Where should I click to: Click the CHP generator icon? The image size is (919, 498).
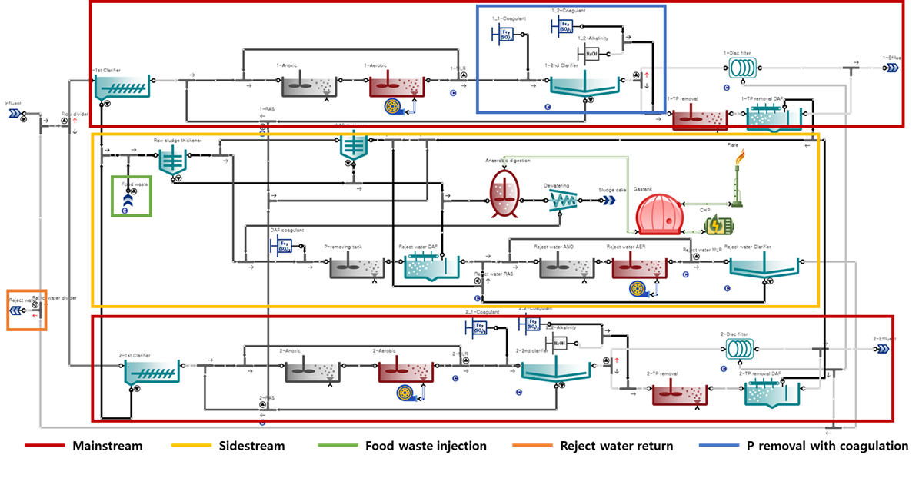click(720, 224)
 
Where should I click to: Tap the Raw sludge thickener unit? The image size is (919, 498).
click(172, 160)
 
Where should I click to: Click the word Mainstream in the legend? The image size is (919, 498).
click(107, 446)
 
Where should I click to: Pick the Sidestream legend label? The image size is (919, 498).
click(251, 446)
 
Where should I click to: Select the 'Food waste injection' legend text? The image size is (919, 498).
click(425, 446)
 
